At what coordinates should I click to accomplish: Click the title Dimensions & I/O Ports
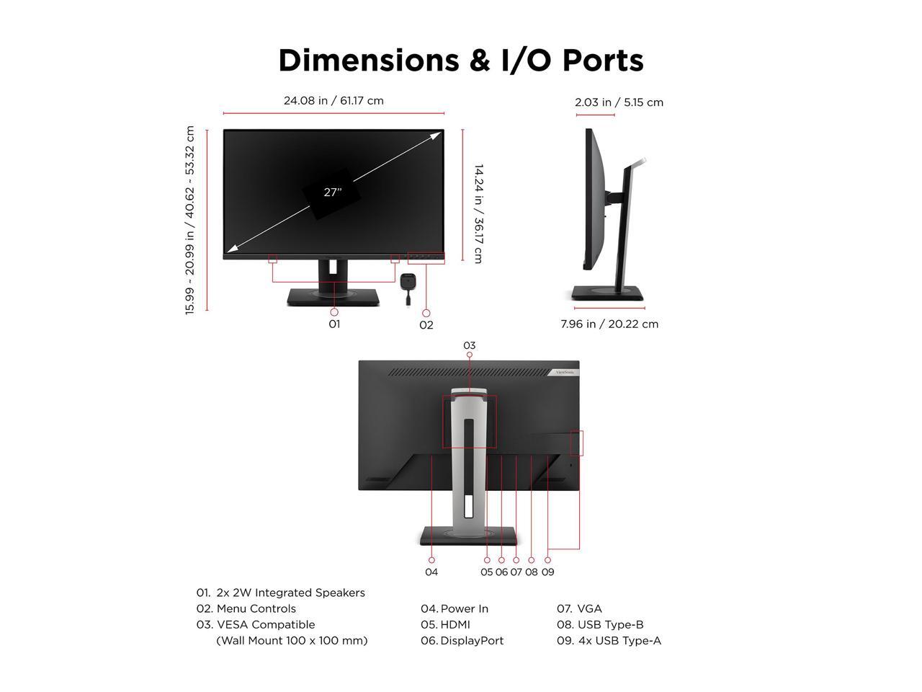point(461,61)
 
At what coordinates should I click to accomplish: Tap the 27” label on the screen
point(332,192)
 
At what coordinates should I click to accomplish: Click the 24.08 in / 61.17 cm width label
point(334,101)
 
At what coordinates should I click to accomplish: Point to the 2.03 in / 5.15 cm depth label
point(619,102)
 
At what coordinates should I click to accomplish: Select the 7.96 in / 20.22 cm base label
point(609,324)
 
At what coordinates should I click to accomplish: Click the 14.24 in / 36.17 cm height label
point(478,213)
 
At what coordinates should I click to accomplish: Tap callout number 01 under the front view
point(334,324)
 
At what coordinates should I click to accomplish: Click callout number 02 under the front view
point(426,325)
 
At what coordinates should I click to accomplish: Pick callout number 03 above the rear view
point(470,345)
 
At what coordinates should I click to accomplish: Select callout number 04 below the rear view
point(431,572)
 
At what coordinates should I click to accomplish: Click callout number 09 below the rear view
point(547,572)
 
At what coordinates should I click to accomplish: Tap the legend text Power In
point(464,609)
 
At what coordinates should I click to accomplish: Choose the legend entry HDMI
point(455,625)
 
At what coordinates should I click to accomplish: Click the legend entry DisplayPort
point(472,641)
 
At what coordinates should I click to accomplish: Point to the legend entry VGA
point(589,609)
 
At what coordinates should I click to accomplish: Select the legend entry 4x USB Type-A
point(619,641)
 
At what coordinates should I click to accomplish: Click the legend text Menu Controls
point(256,609)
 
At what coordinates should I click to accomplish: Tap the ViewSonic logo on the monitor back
point(564,372)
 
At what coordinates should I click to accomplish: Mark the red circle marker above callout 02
point(426,314)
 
